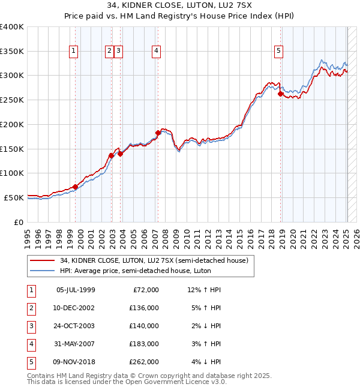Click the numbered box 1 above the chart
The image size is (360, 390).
click(73, 52)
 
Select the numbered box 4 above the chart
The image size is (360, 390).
click(155, 52)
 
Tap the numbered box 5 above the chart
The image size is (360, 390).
click(279, 52)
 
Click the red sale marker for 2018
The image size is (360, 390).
click(280, 94)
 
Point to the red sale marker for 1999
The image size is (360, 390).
click(75, 187)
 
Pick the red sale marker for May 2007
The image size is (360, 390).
click(158, 133)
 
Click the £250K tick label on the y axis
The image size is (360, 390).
click(12, 100)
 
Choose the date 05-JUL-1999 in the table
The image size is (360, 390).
click(76, 290)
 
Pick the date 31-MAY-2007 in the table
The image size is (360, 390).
click(76, 344)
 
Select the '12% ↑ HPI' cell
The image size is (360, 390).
click(204, 290)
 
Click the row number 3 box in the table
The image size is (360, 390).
click(31, 326)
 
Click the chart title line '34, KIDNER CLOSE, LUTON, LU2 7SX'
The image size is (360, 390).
click(180, 8)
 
